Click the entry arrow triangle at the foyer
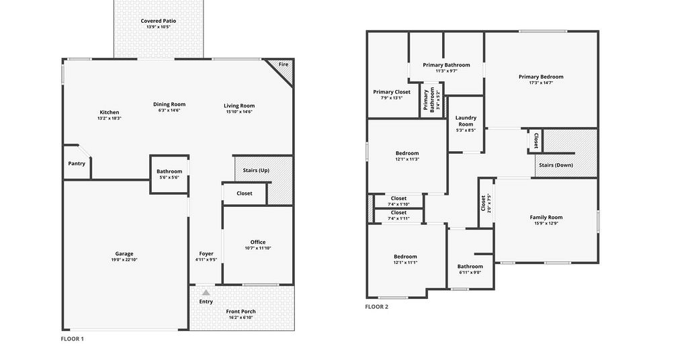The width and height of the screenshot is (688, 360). pos(206,292)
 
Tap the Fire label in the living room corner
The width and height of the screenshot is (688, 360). pos(284,64)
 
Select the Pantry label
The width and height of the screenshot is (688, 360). pos(77,164)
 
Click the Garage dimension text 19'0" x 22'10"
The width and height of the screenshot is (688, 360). pos(124,259)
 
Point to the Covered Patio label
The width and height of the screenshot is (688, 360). pos(159,21)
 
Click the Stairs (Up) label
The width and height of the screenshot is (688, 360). pos(256,170)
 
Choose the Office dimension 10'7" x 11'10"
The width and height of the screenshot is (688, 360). pos(258,249)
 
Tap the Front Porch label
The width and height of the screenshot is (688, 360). pos(241,312)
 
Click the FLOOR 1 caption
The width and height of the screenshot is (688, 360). pos(72,339)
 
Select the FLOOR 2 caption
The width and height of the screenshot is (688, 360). pos(376,306)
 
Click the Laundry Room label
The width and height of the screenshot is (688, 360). pos(466,121)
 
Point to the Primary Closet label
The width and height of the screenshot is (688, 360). pos(392,92)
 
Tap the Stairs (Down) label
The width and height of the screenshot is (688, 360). pos(556,165)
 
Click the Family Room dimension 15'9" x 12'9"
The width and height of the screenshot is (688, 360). pos(546,223)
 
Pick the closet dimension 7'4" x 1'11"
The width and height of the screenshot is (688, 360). pos(399,218)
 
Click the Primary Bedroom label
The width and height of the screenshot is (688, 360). pos(541,77)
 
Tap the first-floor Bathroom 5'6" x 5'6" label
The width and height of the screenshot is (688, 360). pos(169,171)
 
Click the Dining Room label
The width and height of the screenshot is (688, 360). pos(169,104)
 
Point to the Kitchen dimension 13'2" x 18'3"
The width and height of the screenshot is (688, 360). pos(110,118)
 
